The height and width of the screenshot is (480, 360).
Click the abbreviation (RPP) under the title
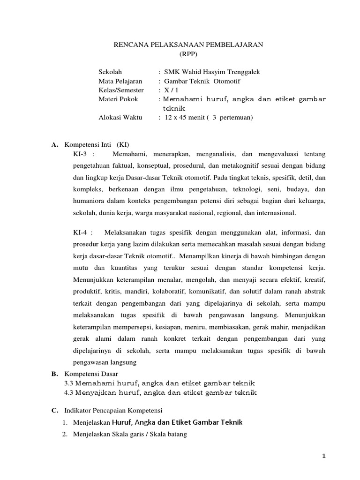click(189, 54)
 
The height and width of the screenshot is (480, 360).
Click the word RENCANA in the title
click(131, 45)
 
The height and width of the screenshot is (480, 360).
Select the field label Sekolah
click(110, 72)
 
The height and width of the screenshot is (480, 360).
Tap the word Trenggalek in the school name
click(240, 72)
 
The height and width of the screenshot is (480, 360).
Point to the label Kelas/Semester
click(121, 90)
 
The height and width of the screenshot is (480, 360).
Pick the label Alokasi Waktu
click(120, 118)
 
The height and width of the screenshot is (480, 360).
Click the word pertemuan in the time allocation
click(236, 118)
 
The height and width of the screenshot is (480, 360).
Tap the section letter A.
click(54, 145)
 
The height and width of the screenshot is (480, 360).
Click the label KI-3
click(81, 154)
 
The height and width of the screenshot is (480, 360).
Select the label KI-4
click(81, 232)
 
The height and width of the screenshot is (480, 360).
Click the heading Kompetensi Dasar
click(91, 374)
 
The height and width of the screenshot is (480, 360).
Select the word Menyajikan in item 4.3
click(95, 392)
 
